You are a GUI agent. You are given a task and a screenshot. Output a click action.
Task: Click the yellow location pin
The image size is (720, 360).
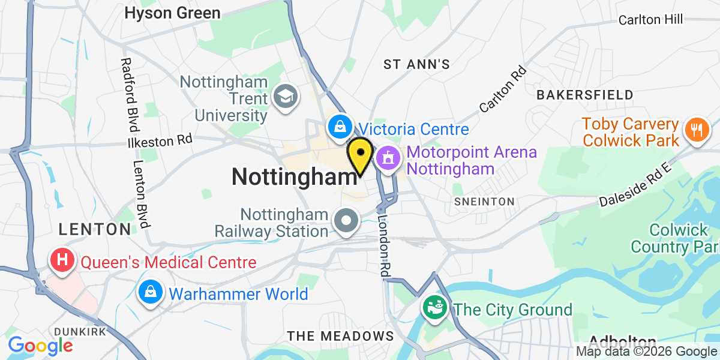point(360,155)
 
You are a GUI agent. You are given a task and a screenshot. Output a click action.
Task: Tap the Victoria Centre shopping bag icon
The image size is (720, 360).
point(340,127)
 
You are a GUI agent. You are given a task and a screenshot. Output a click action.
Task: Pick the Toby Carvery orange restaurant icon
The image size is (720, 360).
point(697,129)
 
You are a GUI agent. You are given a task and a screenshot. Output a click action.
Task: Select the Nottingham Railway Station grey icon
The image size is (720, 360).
point(346,222)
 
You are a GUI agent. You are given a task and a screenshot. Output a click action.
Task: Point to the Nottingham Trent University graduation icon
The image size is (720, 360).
point(285,96)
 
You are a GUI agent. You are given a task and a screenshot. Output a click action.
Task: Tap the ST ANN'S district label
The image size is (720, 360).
point(416,64)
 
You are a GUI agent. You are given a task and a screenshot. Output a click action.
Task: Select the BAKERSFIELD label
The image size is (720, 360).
point(585,95)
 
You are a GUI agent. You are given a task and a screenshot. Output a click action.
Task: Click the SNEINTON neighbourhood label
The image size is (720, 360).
point(484,202)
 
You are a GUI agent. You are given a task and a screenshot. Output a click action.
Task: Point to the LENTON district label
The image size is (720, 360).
point(94,229)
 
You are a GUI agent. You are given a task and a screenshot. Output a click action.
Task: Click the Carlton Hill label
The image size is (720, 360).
point(651,20)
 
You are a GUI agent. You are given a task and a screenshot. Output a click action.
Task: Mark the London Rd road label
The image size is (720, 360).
point(383,246)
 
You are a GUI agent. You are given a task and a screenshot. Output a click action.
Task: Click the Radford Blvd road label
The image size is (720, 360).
point(128,95)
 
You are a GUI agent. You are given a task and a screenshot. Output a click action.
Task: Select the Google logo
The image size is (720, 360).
point(40,346)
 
